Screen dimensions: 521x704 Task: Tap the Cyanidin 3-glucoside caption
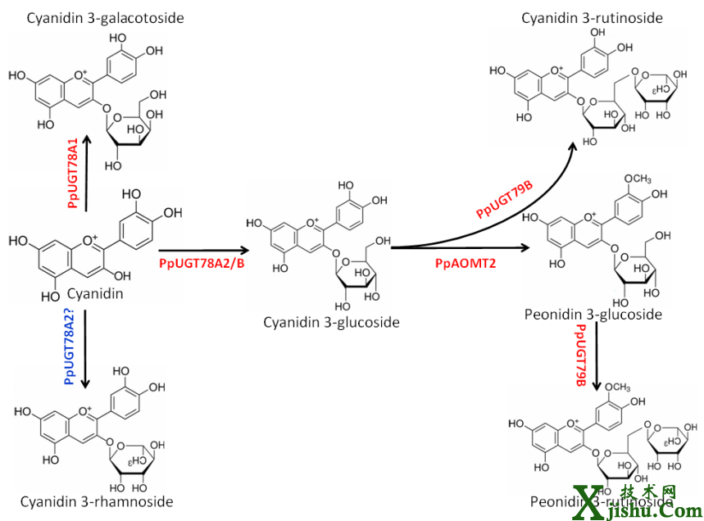pos(331,322)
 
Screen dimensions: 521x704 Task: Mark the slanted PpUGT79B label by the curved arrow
pos(504,200)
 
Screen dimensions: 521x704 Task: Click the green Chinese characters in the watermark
pos(647,492)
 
